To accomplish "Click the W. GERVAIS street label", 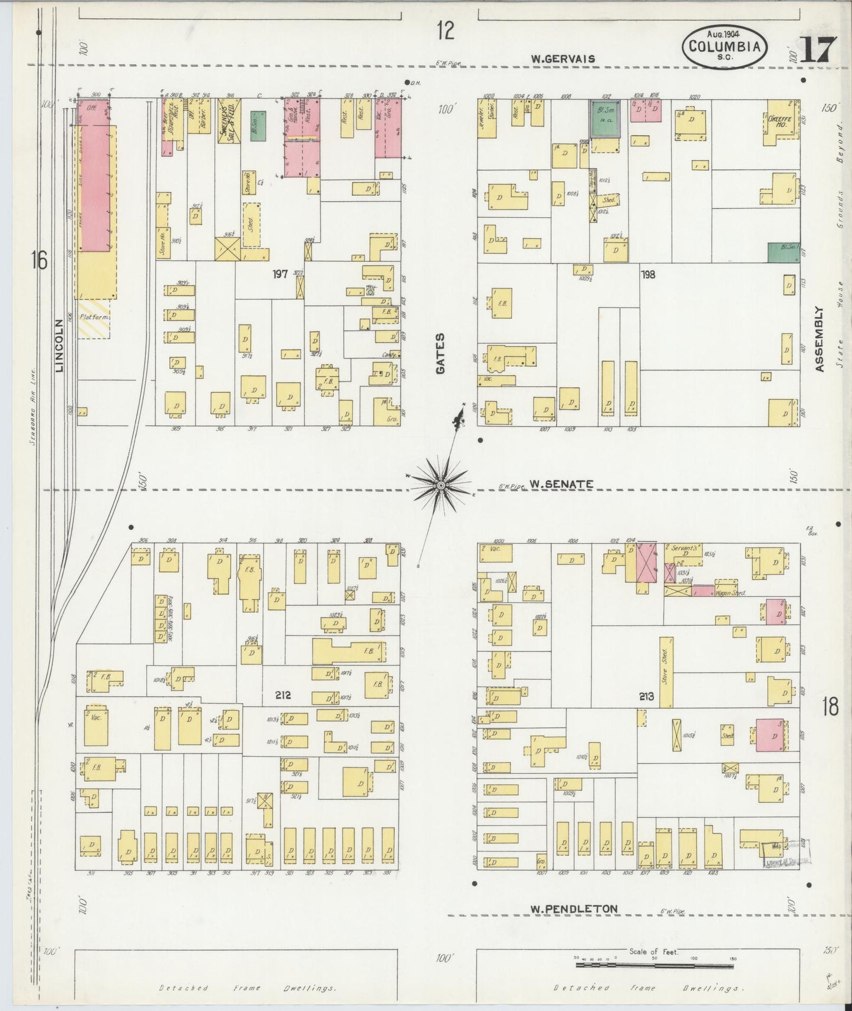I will pyautogui.click(x=562, y=58).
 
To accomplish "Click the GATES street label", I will pyautogui.click(x=440, y=353).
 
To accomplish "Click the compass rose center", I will pyautogui.click(x=440, y=485).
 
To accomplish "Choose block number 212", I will pyautogui.click(x=283, y=695).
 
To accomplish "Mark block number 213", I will pyautogui.click(x=647, y=697).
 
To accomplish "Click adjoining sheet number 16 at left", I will pyautogui.click(x=40, y=260).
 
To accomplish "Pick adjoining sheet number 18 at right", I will pyautogui.click(x=830, y=706).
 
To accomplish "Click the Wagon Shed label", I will pyautogui.click(x=731, y=592).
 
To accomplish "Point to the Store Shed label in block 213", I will pyautogui.click(x=666, y=671).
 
